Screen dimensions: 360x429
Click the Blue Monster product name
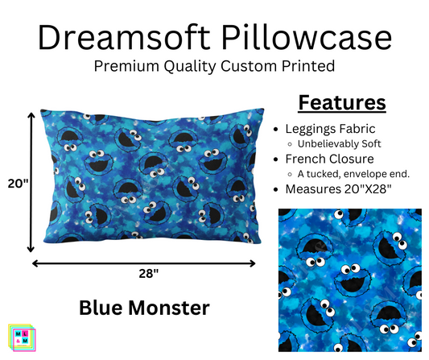[144, 307]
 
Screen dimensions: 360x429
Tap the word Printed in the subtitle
[314, 68]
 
